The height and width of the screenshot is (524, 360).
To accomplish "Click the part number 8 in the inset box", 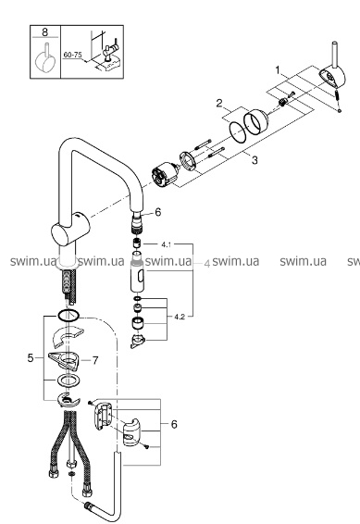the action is coord(45,32).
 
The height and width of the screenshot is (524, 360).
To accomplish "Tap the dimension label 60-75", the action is coord(72,55).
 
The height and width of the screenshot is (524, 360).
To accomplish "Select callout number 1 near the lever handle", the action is coord(278,70).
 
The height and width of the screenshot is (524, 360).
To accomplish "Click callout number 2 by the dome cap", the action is coord(219,103).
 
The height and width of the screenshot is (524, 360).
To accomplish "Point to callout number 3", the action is coord(254,160).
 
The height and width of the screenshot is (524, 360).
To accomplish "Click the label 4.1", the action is coord(166,244).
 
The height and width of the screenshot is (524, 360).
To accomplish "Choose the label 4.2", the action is coord(180,317).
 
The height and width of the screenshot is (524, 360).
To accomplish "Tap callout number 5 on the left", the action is coord(31,358).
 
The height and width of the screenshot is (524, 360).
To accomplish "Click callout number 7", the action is coord(95,360).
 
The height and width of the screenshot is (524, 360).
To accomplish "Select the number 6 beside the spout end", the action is coord(158,212).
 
